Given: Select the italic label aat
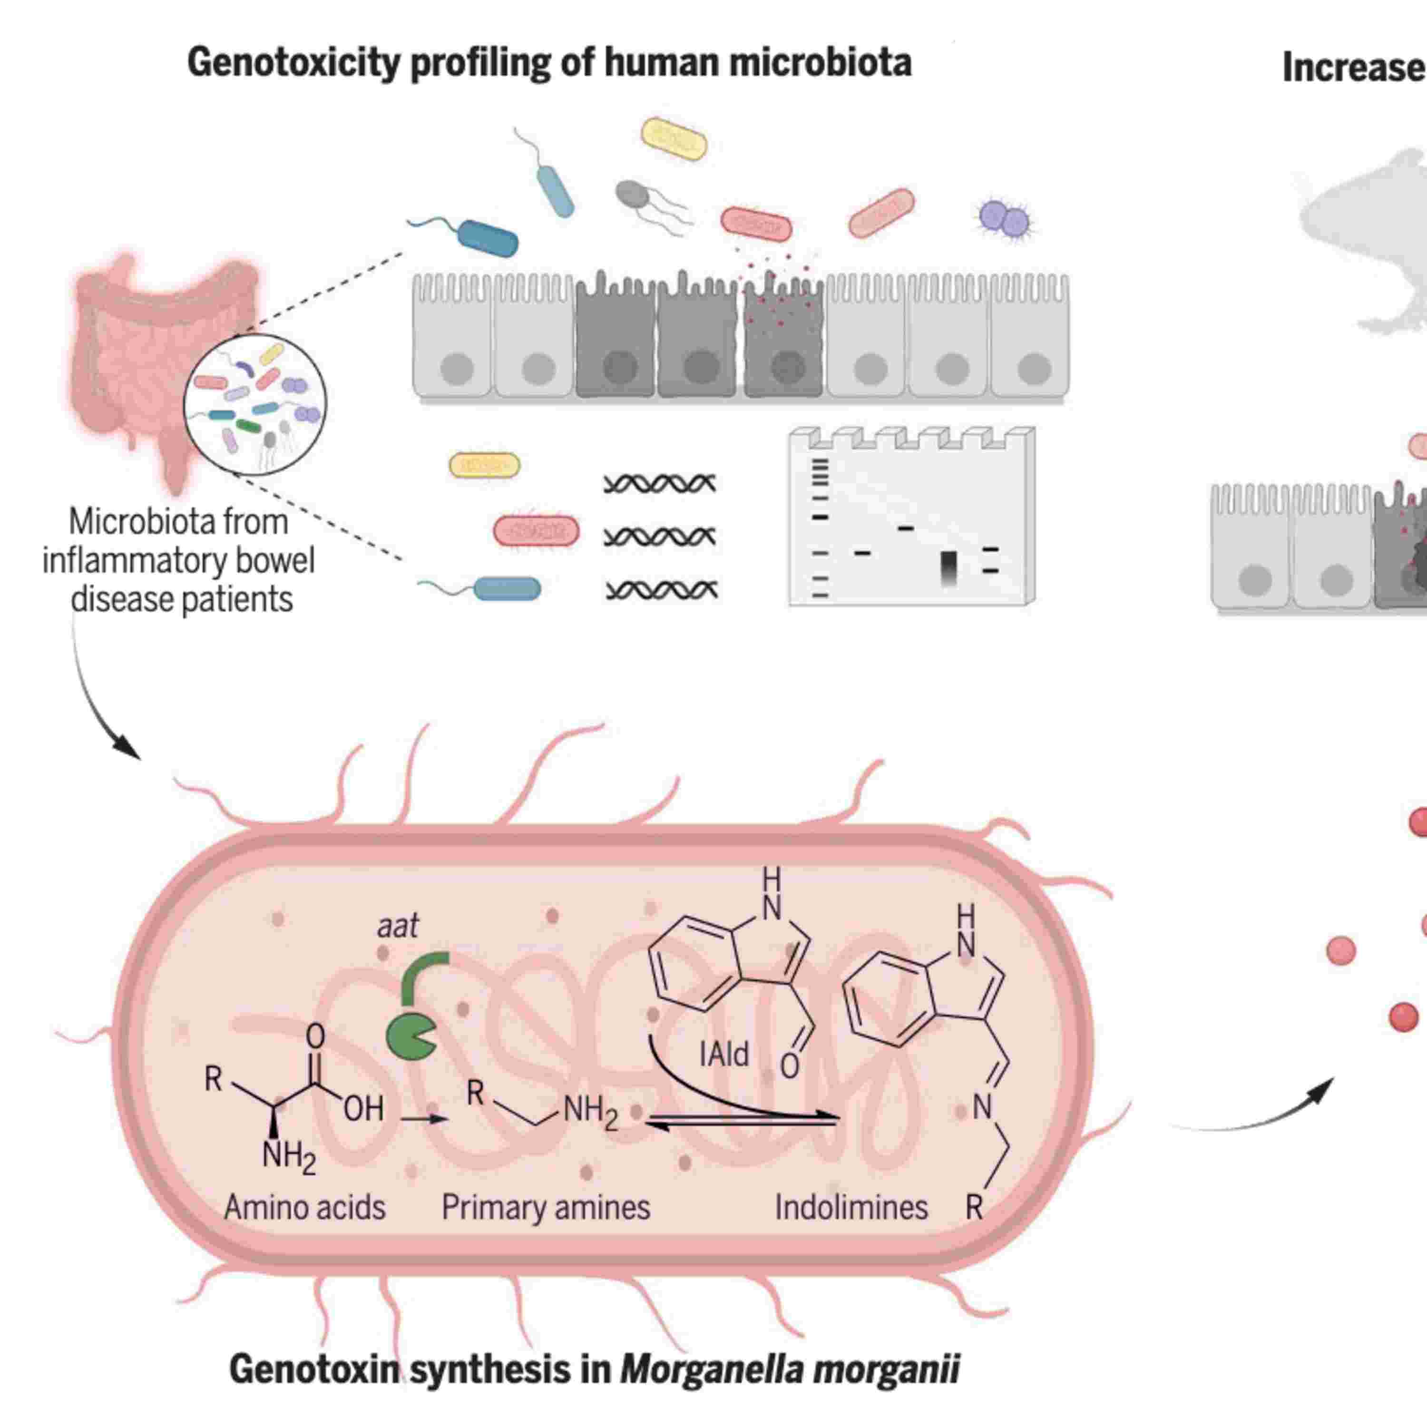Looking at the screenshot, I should coord(397,926).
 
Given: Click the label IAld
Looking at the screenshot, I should coord(724,1054).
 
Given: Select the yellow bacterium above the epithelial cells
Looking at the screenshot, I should coord(674,139).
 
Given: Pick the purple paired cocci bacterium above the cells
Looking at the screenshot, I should coord(1004,219).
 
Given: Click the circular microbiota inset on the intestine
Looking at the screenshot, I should coord(255,404).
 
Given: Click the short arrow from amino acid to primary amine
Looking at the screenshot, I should coord(424,1119).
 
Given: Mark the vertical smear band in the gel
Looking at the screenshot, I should coord(949,568).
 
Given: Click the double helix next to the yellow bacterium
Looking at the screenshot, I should coord(660,484).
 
